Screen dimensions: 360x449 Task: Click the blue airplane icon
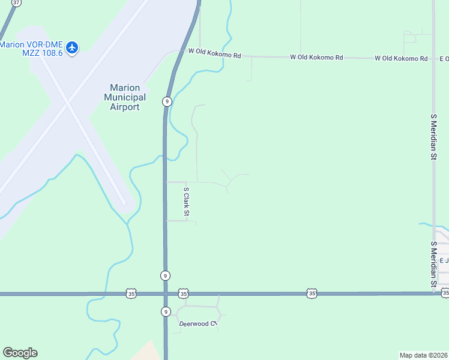pos(72,47)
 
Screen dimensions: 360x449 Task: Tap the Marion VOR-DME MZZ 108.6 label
pos(33,49)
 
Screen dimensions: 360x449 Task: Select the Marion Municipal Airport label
pos(125,97)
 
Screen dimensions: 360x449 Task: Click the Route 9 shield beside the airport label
pos(166,101)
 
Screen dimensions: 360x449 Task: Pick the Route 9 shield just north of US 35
pos(165,275)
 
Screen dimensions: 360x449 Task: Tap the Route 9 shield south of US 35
pos(166,311)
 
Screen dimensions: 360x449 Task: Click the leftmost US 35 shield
pos(131,293)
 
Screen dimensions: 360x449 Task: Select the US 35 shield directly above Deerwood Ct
pos(184,293)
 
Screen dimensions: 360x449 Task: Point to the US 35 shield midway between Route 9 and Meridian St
pos(311,293)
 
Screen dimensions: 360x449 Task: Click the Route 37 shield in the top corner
pos(16,3)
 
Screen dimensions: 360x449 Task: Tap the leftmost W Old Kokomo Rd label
pos(214,53)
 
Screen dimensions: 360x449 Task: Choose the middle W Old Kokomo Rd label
pos(316,58)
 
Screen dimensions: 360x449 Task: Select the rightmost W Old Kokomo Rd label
pos(401,58)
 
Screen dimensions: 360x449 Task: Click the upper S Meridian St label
pos(433,136)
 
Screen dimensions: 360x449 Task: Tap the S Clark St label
pos(187,202)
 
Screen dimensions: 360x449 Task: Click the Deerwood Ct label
pos(197,324)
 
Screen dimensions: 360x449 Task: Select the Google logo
pos(20,353)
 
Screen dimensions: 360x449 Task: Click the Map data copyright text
pos(423,355)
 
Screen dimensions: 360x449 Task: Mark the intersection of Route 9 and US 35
pos(166,293)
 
